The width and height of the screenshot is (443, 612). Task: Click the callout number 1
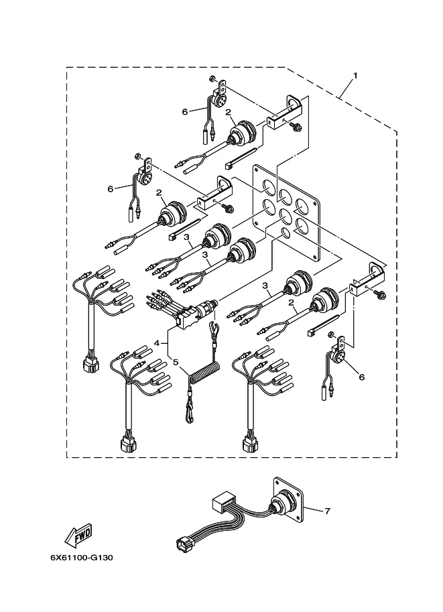click(x=355, y=76)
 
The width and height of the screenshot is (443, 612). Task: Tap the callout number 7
click(x=327, y=511)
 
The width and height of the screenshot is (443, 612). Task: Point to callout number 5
click(x=176, y=362)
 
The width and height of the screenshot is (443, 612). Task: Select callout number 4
click(x=157, y=343)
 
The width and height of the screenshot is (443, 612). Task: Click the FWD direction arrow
click(x=78, y=535)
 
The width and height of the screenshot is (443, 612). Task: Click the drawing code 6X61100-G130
click(x=82, y=557)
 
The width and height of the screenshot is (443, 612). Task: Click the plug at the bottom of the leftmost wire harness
click(x=91, y=365)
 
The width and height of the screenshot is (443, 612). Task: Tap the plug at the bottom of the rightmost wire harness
click(x=251, y=443)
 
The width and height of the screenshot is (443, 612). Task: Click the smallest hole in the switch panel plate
click(x=286, y=233)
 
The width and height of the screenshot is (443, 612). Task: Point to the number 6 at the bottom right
click(x=361, y=377)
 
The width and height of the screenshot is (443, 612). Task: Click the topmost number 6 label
click(x=185, y=112)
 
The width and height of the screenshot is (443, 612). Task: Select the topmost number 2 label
click(x=228, y=113)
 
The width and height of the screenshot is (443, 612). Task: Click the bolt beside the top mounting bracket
click(x=296, y=126)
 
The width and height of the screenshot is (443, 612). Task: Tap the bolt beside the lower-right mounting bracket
click(x=380, y=295)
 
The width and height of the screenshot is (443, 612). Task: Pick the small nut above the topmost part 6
click(x=211, y=78)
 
